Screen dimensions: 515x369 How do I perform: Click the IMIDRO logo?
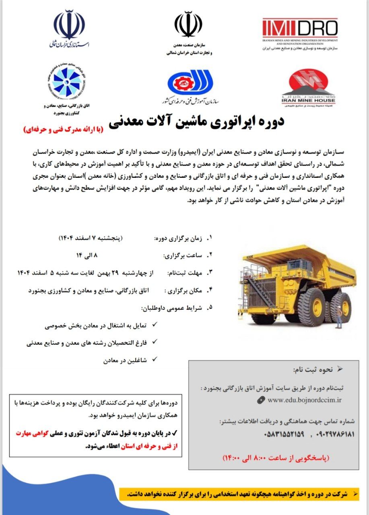tap(300, 28)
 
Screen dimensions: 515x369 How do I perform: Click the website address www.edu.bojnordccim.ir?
tap(304, 400)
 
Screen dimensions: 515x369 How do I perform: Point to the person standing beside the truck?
tap(339, 315)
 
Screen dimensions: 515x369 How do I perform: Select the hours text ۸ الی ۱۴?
tap(87, 255)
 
